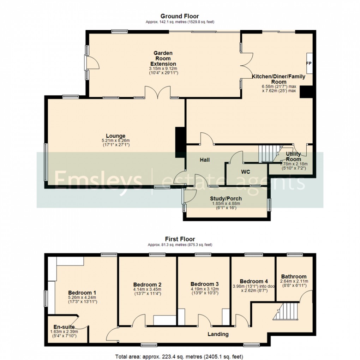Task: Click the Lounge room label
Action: pos(116,136)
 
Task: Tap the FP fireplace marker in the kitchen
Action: pos(308,64)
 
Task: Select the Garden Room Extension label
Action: pos(163,58)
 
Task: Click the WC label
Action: pos(246,172)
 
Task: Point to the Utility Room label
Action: pos(293,156)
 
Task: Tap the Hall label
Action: pos(205,160)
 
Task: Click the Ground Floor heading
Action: pos(180,16)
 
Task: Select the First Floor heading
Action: pos(180,239)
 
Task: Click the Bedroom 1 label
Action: pos(82,293)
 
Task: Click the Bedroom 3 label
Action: pos(205,284)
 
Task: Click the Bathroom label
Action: pos(294,276)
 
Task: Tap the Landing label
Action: pos(218,334)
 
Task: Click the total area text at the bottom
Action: pos(180,356)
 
